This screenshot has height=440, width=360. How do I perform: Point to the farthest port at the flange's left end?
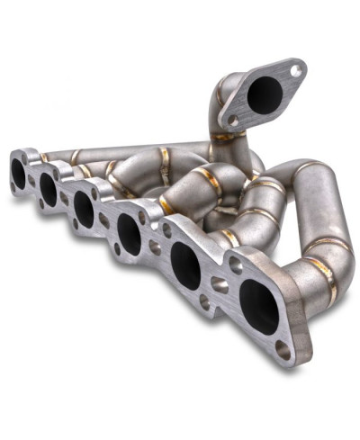point(18,173)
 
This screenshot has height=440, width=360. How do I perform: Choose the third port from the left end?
point(84,207)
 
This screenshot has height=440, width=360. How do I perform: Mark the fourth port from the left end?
point(129,233)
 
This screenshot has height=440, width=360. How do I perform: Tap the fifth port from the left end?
point(185,265)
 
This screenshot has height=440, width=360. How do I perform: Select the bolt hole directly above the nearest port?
point(235,264)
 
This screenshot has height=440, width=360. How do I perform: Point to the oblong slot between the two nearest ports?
point(220,284)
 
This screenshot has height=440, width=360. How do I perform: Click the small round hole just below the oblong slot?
point(216,305)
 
